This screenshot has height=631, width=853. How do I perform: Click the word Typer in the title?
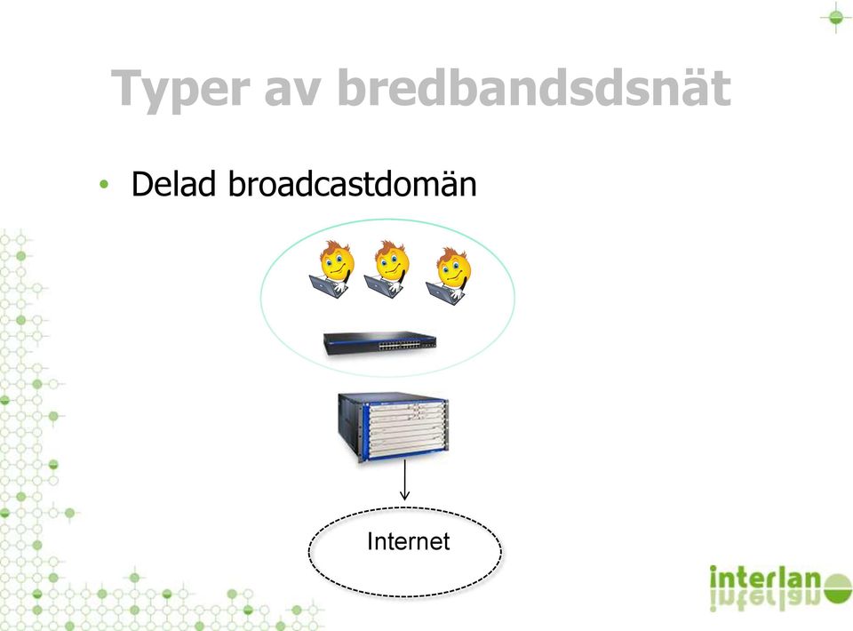coord(180,89)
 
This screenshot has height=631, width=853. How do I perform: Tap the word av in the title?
coord(292,92)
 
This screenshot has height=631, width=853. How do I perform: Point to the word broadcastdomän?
coord(352,183)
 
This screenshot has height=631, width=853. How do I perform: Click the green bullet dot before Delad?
coord(104,184)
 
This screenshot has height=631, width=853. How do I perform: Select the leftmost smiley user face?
coord(337,261)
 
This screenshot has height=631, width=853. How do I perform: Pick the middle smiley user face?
coord(392,261)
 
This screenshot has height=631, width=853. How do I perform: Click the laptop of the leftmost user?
coord(325,286)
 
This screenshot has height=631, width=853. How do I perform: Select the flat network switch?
coord(380,344)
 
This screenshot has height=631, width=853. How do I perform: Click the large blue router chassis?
coord(394,427)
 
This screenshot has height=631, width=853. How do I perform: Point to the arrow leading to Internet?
coord(404,480)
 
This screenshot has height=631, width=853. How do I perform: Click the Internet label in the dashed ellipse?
coord(409,541)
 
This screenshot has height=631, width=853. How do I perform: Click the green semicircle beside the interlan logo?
coord(838,589)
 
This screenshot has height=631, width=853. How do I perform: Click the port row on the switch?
coord(400,345)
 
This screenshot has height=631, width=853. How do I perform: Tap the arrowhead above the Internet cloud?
coord(404,496)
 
